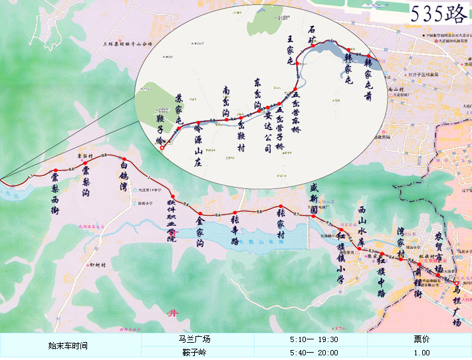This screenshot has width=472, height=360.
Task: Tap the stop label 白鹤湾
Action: [124, 178]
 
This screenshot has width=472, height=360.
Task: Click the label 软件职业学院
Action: [172, 218]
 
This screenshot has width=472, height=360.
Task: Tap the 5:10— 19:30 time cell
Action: [314, 339]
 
